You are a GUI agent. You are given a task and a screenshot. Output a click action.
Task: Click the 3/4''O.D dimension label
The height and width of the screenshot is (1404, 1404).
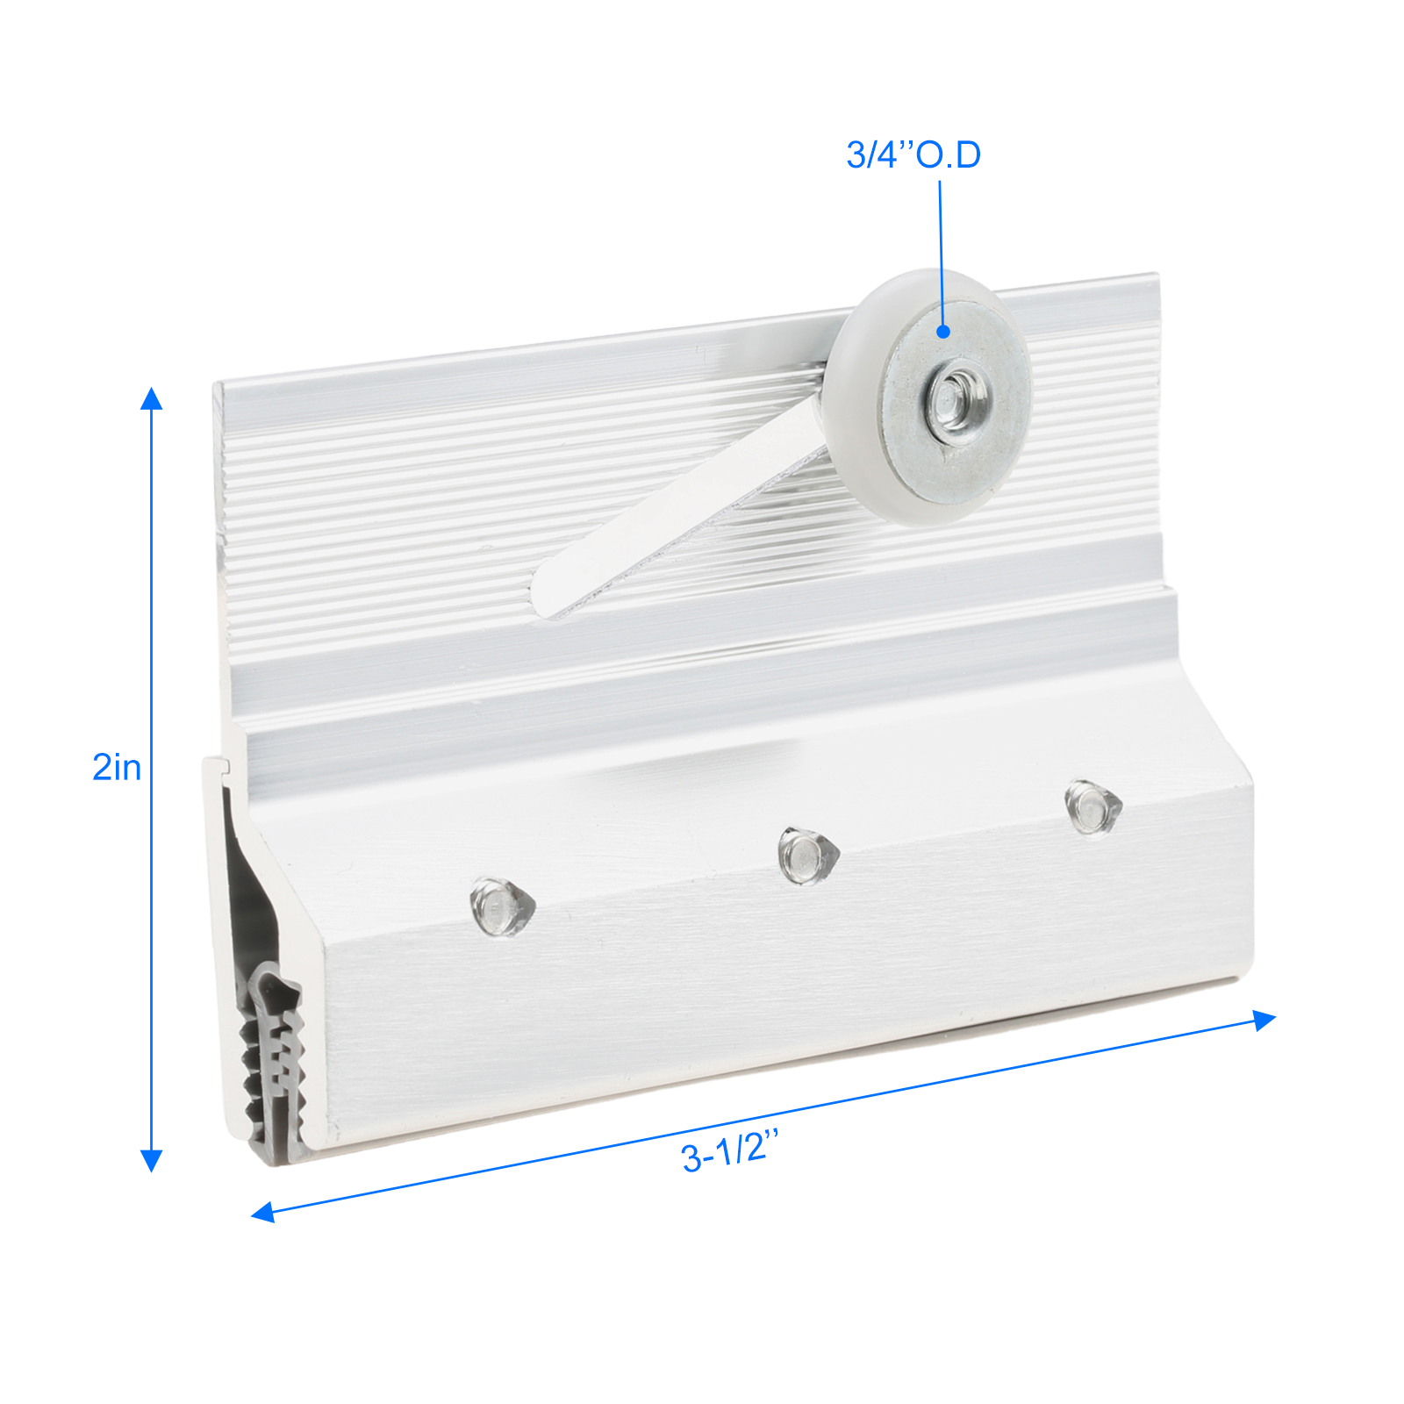coord(913,154)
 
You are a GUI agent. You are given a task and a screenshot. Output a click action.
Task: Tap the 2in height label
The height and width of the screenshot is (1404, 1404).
coord(117,767)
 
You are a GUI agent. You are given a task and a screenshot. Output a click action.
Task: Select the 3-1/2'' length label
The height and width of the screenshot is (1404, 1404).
coord(730,1151)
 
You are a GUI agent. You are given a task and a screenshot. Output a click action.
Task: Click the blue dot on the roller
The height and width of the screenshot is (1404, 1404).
coord(943,331)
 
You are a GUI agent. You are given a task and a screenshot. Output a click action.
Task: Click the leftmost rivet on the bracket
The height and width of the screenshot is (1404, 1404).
coord(502,906)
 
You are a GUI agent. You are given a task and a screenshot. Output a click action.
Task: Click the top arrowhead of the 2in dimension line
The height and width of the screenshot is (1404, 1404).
coord(152,398)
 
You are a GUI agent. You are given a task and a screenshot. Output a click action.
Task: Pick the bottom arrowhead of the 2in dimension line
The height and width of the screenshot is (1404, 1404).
coord(152,1161)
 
